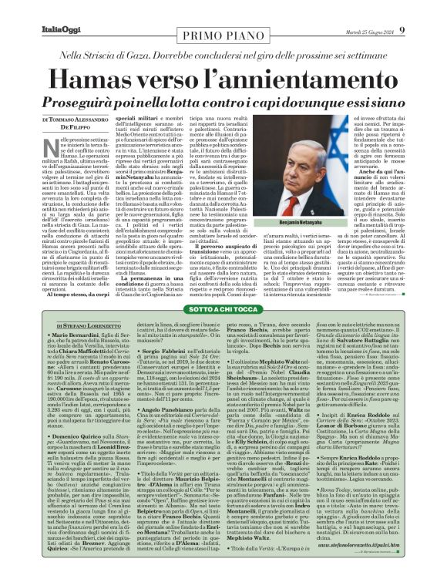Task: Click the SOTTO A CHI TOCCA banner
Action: point(223,308)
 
